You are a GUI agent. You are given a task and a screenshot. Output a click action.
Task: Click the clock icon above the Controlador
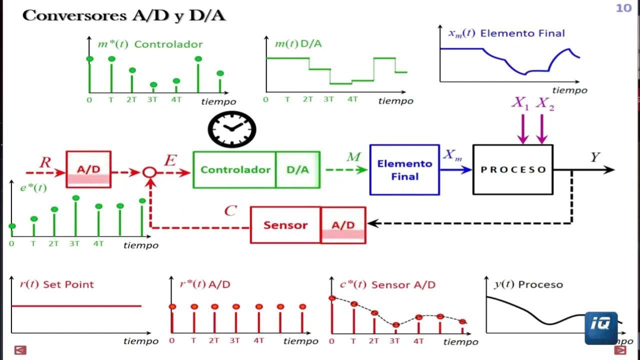pos(232,129)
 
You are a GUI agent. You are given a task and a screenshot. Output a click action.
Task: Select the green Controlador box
pos(234,170)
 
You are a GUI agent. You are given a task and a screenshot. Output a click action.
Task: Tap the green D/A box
pos(298,170)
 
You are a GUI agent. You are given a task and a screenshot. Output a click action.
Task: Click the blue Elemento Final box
pos(404,170)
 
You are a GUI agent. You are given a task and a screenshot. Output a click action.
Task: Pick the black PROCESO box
pos(513,169)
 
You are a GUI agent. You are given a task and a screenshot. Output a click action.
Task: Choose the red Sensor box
pos(285,225)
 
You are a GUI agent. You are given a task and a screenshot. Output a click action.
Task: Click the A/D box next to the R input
pos(88,169)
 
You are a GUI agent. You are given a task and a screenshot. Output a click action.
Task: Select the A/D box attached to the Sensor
pos(343,225)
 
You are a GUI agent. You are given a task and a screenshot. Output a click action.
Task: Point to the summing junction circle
pos(149,172)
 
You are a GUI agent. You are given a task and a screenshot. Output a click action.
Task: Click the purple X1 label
pos(520,103)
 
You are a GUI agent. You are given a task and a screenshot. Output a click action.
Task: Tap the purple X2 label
pos(545,104)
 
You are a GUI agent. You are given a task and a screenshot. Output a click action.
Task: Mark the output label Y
pos(595,157)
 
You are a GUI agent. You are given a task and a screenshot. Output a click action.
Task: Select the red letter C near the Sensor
pos(230,211)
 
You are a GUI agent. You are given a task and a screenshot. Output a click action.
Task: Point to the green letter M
pos(353,157)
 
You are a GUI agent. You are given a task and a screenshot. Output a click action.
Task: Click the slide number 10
pos(623,8)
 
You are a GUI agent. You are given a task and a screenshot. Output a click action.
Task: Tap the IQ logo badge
pos(601,328)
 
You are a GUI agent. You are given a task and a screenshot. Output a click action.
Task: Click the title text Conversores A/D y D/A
pos(124,15)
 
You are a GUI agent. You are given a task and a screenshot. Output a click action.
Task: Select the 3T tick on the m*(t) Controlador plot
pos(152,99)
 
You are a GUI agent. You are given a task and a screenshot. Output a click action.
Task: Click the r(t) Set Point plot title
pos(56,284)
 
